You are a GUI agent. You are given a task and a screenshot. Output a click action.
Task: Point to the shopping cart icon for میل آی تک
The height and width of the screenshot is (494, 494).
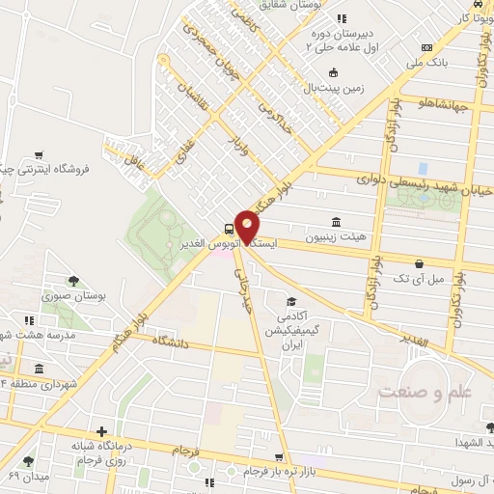point(419,262)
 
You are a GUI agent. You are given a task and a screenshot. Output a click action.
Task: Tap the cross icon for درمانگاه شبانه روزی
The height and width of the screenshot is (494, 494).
point(101,431)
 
